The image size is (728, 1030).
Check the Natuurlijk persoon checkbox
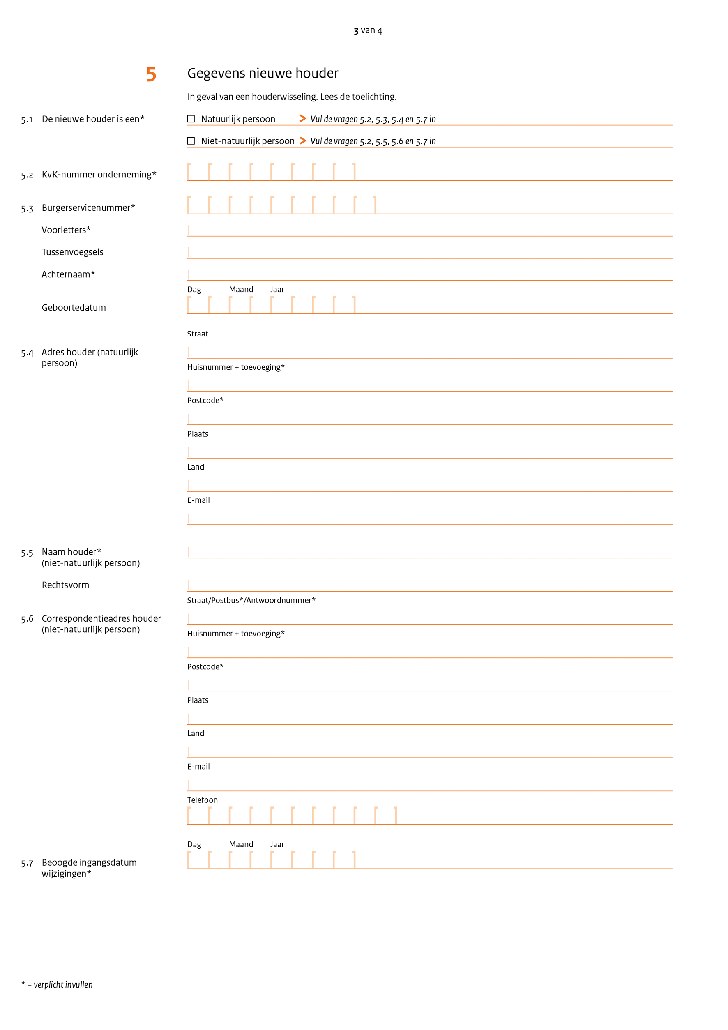click(x=191, y=119)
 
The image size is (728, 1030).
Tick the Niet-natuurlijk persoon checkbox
click(x=191, y=141)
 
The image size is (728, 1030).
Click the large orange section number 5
click(x=151, y=74)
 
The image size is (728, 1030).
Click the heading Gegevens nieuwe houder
click(x=263, y=73)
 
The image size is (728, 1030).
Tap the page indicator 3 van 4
click(x=367, y=30)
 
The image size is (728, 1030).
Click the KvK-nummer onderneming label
click(x=99, y=175)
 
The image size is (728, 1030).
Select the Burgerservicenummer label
click(x=88, y=208)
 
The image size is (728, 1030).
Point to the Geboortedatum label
click(x=74, y=308)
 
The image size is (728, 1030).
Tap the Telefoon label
click(x=202, y=800)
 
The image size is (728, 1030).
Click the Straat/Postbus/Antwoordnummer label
click(x=251, y=600)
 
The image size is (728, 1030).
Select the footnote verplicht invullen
click(x=57, y=985)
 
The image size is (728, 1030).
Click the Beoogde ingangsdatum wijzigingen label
click(x=89, y=868)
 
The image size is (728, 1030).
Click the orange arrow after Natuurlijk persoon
click(x=303, y=119)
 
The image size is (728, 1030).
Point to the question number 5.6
click(x=27, y=619)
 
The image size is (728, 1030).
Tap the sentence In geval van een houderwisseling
click(x=292, y=97)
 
